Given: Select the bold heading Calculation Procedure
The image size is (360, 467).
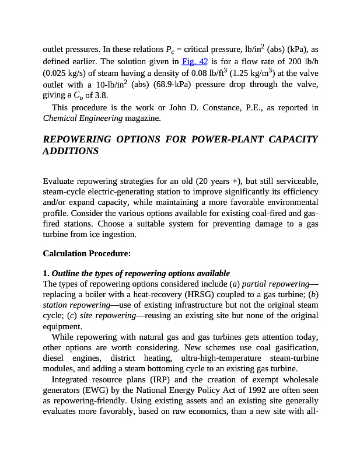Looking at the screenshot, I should coord(87,254).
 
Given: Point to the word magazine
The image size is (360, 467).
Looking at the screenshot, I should coord(142,119).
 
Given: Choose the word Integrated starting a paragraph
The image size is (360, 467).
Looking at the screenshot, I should coord(72,379).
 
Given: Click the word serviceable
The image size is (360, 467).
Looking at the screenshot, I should coord(295,180).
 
